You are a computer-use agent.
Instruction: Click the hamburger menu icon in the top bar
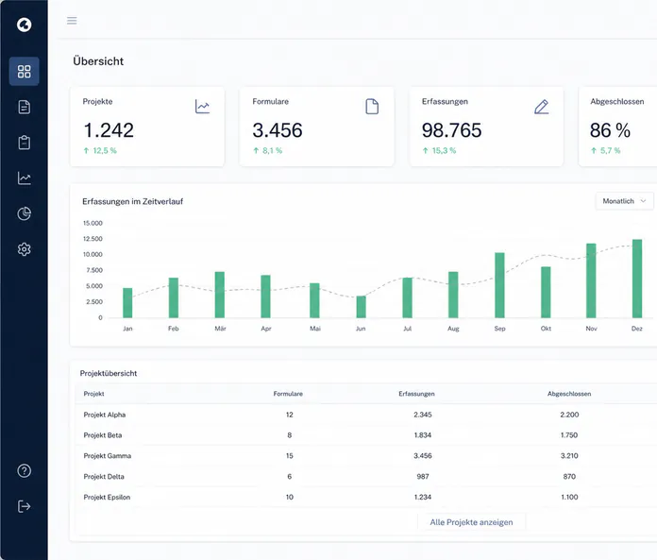click(72, 21)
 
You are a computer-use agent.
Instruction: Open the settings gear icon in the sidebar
click(25, 249)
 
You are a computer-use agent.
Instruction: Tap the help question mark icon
click(25, 470)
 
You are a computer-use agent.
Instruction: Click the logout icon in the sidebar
click(25, 506)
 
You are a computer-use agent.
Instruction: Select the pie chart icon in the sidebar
click(25, 213)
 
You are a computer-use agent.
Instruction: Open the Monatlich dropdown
click(624, 201)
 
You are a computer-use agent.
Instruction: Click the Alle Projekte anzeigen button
click(471, 522)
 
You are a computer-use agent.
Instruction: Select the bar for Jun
click(361, 307)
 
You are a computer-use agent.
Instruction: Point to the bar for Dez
click(637, 279)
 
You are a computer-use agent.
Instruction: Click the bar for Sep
click(499, 285)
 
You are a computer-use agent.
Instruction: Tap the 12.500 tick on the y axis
click(93, 239)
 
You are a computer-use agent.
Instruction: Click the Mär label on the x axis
click(220, 329)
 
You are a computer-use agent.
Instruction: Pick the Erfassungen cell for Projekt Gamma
click(422, 455)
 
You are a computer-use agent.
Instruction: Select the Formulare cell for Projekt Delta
click(290, 476)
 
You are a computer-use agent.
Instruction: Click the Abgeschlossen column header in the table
click(569, 394)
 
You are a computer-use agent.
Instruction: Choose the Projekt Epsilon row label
click(107, 497)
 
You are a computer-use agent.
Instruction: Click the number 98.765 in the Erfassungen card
click(451, 130)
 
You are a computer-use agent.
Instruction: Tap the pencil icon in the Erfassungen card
click(541, 107)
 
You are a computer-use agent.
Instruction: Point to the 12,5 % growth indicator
click(100, 150)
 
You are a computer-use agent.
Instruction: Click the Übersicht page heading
click(98, 61)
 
